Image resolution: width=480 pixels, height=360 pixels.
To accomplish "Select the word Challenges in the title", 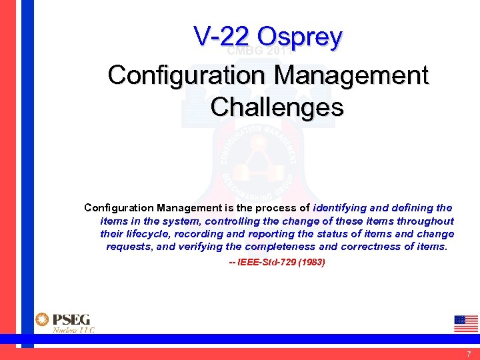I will pyautogui.click(x=277, y=107).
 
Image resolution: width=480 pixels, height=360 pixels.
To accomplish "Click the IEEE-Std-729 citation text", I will pyautogui.click(x=264, y=263).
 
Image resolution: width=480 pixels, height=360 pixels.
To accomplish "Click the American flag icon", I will pyautogui.click(x=465, y=323).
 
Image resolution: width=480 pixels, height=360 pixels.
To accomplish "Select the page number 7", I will pyautogui.click(x=469, y=353).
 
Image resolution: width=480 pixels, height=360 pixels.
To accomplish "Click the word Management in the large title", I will pyautogui.click(x=352, y=75).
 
